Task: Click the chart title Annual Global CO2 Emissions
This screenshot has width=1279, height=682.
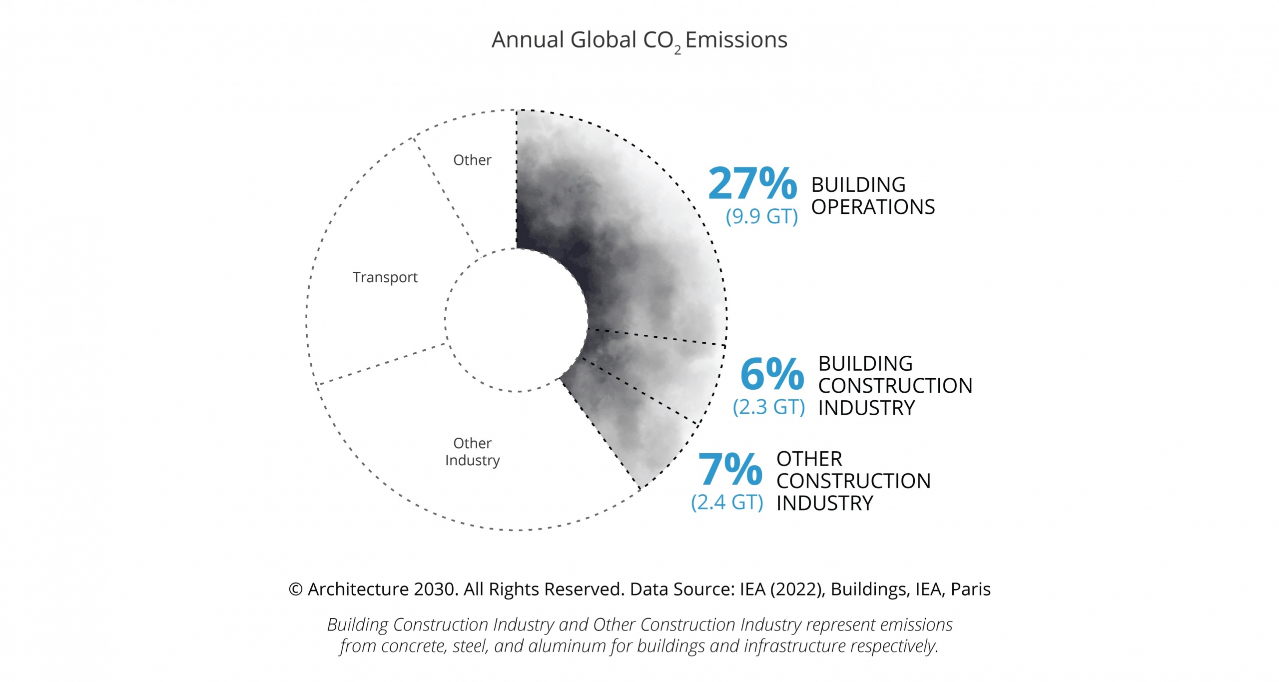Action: pyautogui.click(x=639, y=40)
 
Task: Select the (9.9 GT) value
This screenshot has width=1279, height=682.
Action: pyautogui.click(x=761, y=216)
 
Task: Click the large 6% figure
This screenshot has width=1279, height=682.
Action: pyautogui.click(x=772, y=374)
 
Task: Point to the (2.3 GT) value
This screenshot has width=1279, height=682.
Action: pyautogui.click(x=768, y=407)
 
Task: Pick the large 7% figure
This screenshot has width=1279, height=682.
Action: pyautogui.click(x=730, y=469)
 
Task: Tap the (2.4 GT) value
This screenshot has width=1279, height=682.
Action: pyautogui.click(x=727, y=502)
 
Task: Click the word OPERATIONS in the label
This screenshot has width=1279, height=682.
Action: pyautogui.click(x=872, y=207)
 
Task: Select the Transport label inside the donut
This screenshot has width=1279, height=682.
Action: pyautogui.click(x=385, y=277)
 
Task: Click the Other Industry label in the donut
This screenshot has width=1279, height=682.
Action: pyautogui.click(x=472, y=452)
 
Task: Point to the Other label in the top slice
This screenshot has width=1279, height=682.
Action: pyautogui.click(x=472, y=160)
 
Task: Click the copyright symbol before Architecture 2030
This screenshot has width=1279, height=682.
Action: pyautogui.click(x=295, y=590)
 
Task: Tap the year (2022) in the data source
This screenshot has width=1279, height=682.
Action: pyautogui.click(x=797, y=590)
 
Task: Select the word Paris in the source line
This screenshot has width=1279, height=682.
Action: pyautogui.click(x=970, y=590)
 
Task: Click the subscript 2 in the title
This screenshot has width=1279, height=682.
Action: pyautogui.click(x=677, y=50)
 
